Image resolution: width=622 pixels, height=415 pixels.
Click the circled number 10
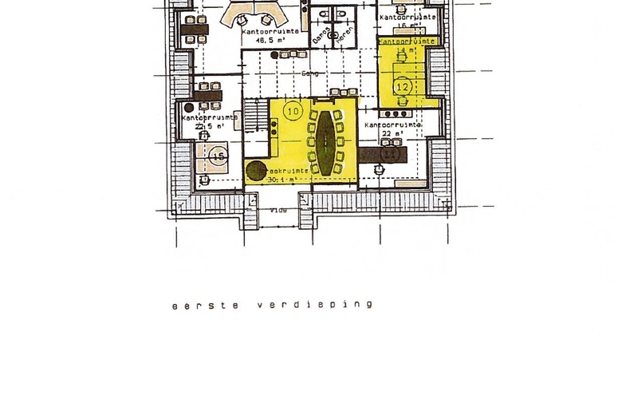click(x=293, y=111)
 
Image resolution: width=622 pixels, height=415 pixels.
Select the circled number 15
click(x=219, y=157)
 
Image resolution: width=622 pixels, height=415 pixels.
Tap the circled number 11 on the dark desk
click(x=390, y=152)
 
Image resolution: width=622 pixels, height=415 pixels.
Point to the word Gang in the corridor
click(x=309, y=73)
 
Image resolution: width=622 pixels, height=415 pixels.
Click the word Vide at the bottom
click(x=278, y=211)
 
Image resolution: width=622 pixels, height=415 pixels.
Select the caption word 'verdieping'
click(x=315, y=305)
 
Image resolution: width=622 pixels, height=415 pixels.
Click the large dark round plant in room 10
click(x=256, y=169)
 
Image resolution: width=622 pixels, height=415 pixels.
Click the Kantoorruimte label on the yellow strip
click(x=407, y=40)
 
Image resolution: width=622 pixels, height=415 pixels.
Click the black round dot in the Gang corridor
click(x=274, y=55)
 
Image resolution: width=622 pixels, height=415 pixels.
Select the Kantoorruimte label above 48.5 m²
click(x=271, y=30)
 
